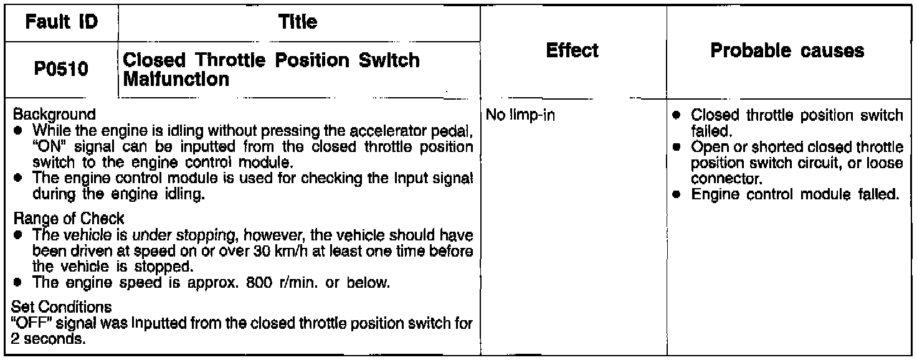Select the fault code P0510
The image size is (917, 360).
(x=60, y=69)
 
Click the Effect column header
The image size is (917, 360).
(x=572, y=50)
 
